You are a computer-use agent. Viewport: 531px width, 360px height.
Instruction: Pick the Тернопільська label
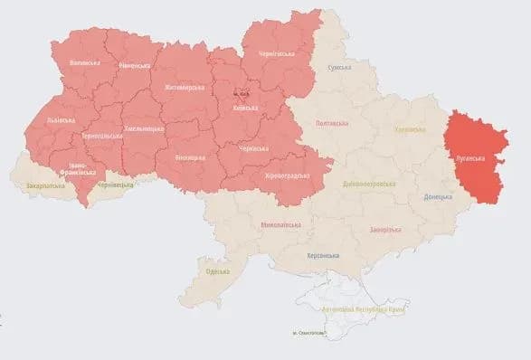pyautogui.click(x=99, y=135)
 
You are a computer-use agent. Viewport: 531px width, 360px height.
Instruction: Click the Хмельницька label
pyautogui.click(x=144, y=129)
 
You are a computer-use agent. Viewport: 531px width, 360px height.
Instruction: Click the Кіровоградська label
pyautogui.click(x=289, y=175)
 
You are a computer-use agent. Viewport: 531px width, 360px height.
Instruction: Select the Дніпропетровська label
pyautogui.click(x=370, y=184)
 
